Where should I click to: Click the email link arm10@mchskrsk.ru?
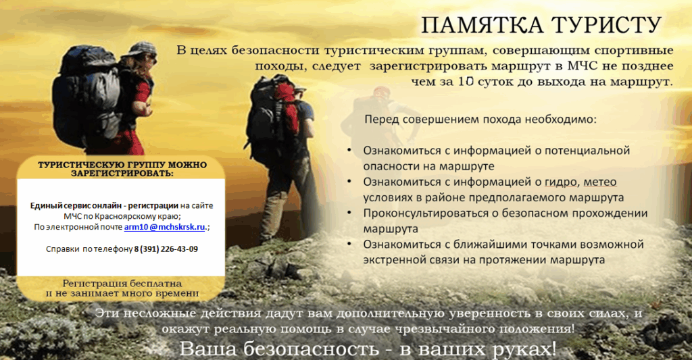(x=165, y=227)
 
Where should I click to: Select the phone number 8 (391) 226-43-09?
(x=166, y=249)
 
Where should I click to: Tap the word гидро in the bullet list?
(x=561, y=182)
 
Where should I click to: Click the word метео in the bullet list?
(x=600, y=182)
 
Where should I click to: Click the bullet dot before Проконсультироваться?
(x=349, y=213)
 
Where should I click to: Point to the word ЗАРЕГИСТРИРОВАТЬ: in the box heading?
(x=122, y=174)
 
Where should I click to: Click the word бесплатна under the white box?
(x=159, y=283)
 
